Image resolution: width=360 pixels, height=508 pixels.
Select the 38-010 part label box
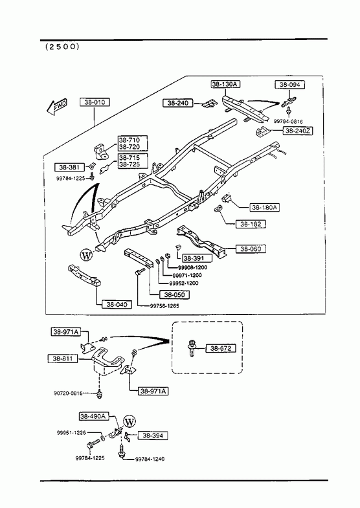point(95,102)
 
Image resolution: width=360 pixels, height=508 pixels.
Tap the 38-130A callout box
point(225,84)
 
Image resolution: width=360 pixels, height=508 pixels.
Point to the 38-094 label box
point(290,85)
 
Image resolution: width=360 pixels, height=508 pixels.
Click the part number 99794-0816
point(288,122)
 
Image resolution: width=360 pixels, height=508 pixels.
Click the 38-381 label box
point(69,167)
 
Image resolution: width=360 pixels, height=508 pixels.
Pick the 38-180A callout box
point(264,207)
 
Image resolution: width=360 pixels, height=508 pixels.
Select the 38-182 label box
point(251,224)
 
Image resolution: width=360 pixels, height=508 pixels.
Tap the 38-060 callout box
point(251,248)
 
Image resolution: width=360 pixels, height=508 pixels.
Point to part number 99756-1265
point(164,306)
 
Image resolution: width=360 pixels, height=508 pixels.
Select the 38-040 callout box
point(117,305)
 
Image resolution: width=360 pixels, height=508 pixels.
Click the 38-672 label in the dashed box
point(221,348)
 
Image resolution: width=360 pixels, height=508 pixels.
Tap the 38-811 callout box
point(63,359)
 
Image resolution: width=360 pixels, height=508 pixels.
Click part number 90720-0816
point(68,393)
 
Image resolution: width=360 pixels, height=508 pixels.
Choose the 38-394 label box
point(153,436)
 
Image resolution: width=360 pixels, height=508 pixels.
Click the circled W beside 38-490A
point(129,422)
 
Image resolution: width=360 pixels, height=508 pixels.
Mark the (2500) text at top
point(62,47)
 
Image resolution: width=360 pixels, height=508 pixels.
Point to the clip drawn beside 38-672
point(192,348)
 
